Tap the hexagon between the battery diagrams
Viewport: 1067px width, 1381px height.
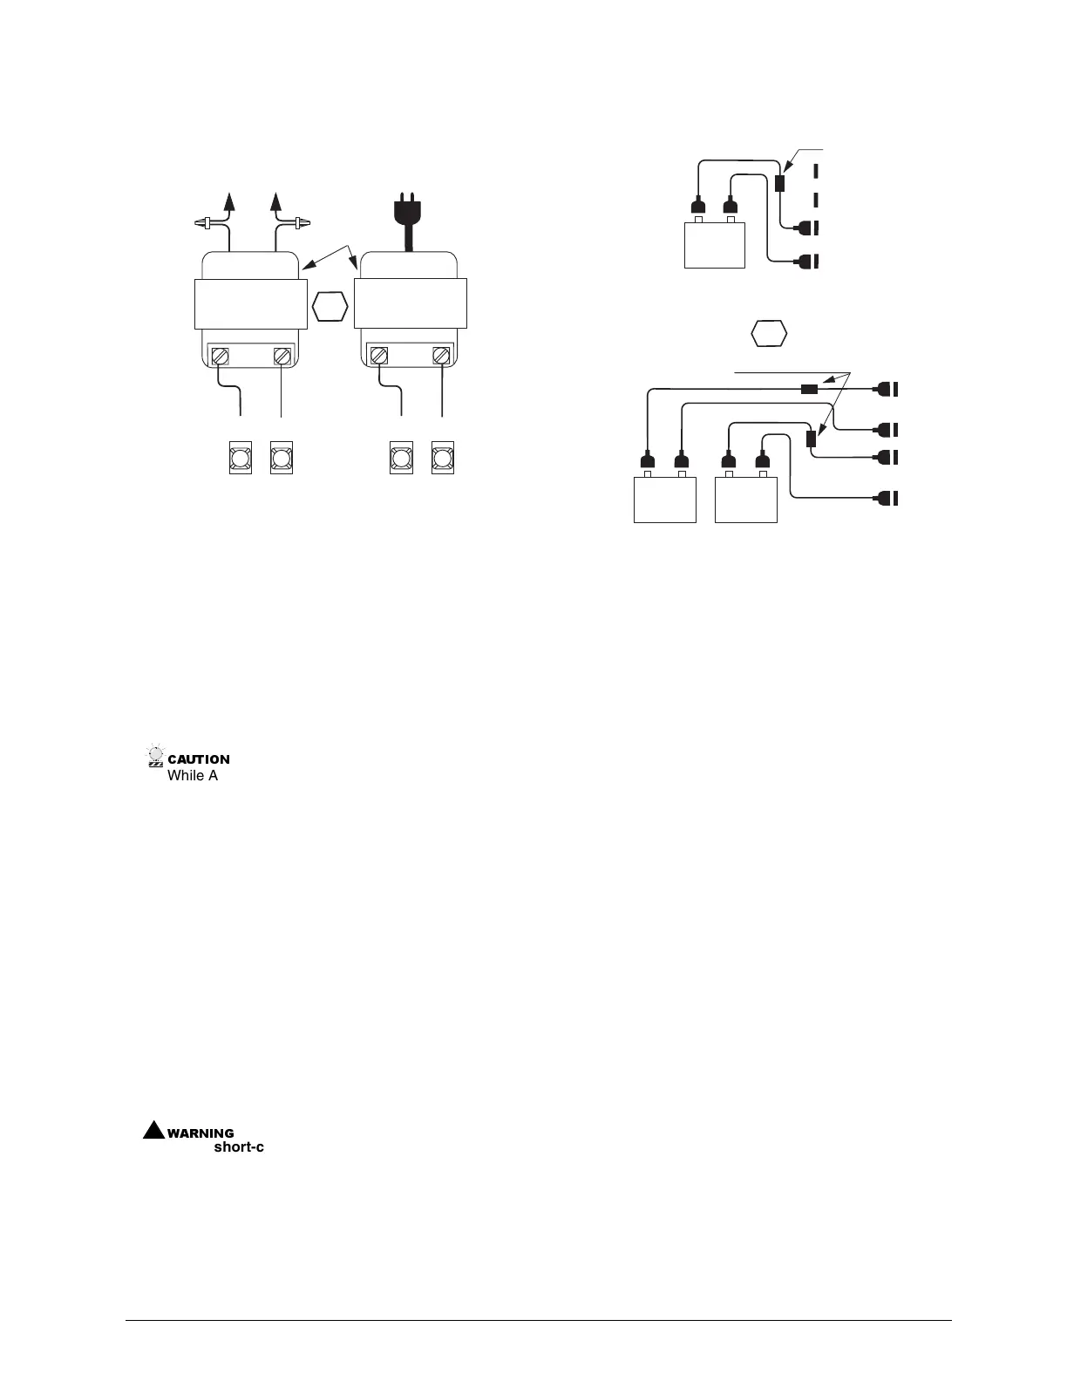(x=769, y=334)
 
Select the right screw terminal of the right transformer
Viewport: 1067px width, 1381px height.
(x=441, y=357)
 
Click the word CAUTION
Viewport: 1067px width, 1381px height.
(x=199, y=759)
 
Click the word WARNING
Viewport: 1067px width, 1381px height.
(x=200, y=1133)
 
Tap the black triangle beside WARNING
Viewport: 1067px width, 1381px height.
(x=154, y=1130)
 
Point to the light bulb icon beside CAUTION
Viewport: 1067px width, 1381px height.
(x=156, y=756)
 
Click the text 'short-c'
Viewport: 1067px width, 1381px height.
(x=239, y=1147)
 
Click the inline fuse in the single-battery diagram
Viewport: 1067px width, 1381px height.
(x=780, y=182)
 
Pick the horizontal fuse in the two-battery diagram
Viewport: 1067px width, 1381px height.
(x=809, y=390)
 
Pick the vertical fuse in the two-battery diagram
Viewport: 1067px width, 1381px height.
(x=812, y=439)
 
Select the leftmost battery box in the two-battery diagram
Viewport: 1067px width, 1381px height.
(x=664, y=499)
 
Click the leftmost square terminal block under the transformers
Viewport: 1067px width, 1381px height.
(x=240, y=459)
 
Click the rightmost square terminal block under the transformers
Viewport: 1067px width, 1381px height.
(x=442, y=459)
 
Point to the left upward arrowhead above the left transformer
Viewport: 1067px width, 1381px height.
(x=231, y=201)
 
